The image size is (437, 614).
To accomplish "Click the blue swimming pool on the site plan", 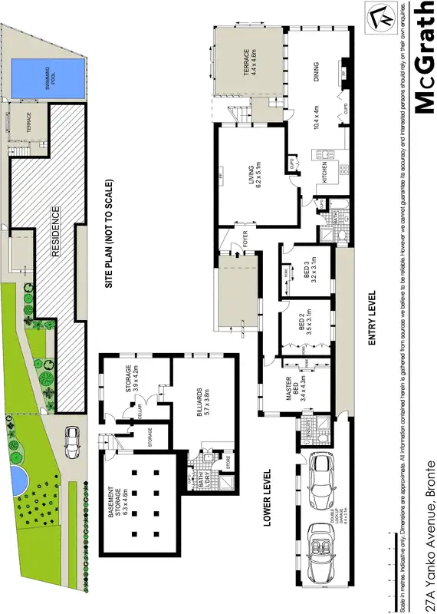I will click(x=48, y=80).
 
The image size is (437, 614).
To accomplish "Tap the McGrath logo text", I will click(x=422, y=58).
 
